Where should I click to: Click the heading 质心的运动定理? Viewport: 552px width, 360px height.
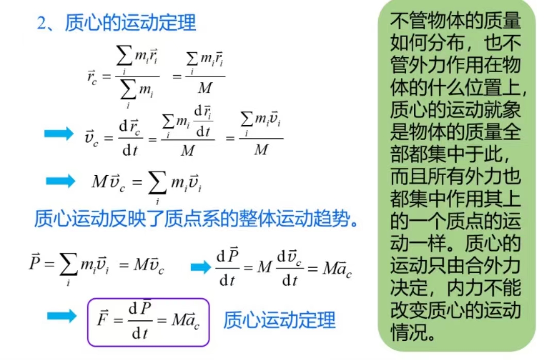[x=130, y=23]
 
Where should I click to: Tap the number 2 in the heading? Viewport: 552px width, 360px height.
[x=41, y=24]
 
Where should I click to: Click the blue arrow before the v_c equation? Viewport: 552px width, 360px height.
[x=59, y=133]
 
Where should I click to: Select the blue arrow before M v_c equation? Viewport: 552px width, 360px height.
[x=60, y=181]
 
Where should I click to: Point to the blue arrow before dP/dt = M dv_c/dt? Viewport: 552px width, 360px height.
[x=200, y=267]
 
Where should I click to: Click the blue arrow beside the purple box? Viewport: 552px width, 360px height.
[x=62, y=315]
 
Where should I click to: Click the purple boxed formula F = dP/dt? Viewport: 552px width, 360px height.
[x=148, y=322]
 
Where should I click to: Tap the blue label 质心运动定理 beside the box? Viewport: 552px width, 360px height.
[x=279, y=320]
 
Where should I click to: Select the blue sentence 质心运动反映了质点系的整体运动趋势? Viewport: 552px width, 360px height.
[x=196, y=219]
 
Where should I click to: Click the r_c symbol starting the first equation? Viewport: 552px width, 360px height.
[x=92, y=77]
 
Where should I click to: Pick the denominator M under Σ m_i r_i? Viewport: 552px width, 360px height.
[x=205, y=88]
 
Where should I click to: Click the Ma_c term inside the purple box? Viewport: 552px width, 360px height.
[x=186, y=321]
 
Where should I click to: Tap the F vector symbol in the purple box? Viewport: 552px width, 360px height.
[x=103, y=318]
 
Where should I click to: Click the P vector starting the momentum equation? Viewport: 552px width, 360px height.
[x=35, y=262]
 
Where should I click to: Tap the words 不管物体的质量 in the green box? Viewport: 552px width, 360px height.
[x=455, y=21]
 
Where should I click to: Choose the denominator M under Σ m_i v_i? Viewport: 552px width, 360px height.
[x=261, y=150]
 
